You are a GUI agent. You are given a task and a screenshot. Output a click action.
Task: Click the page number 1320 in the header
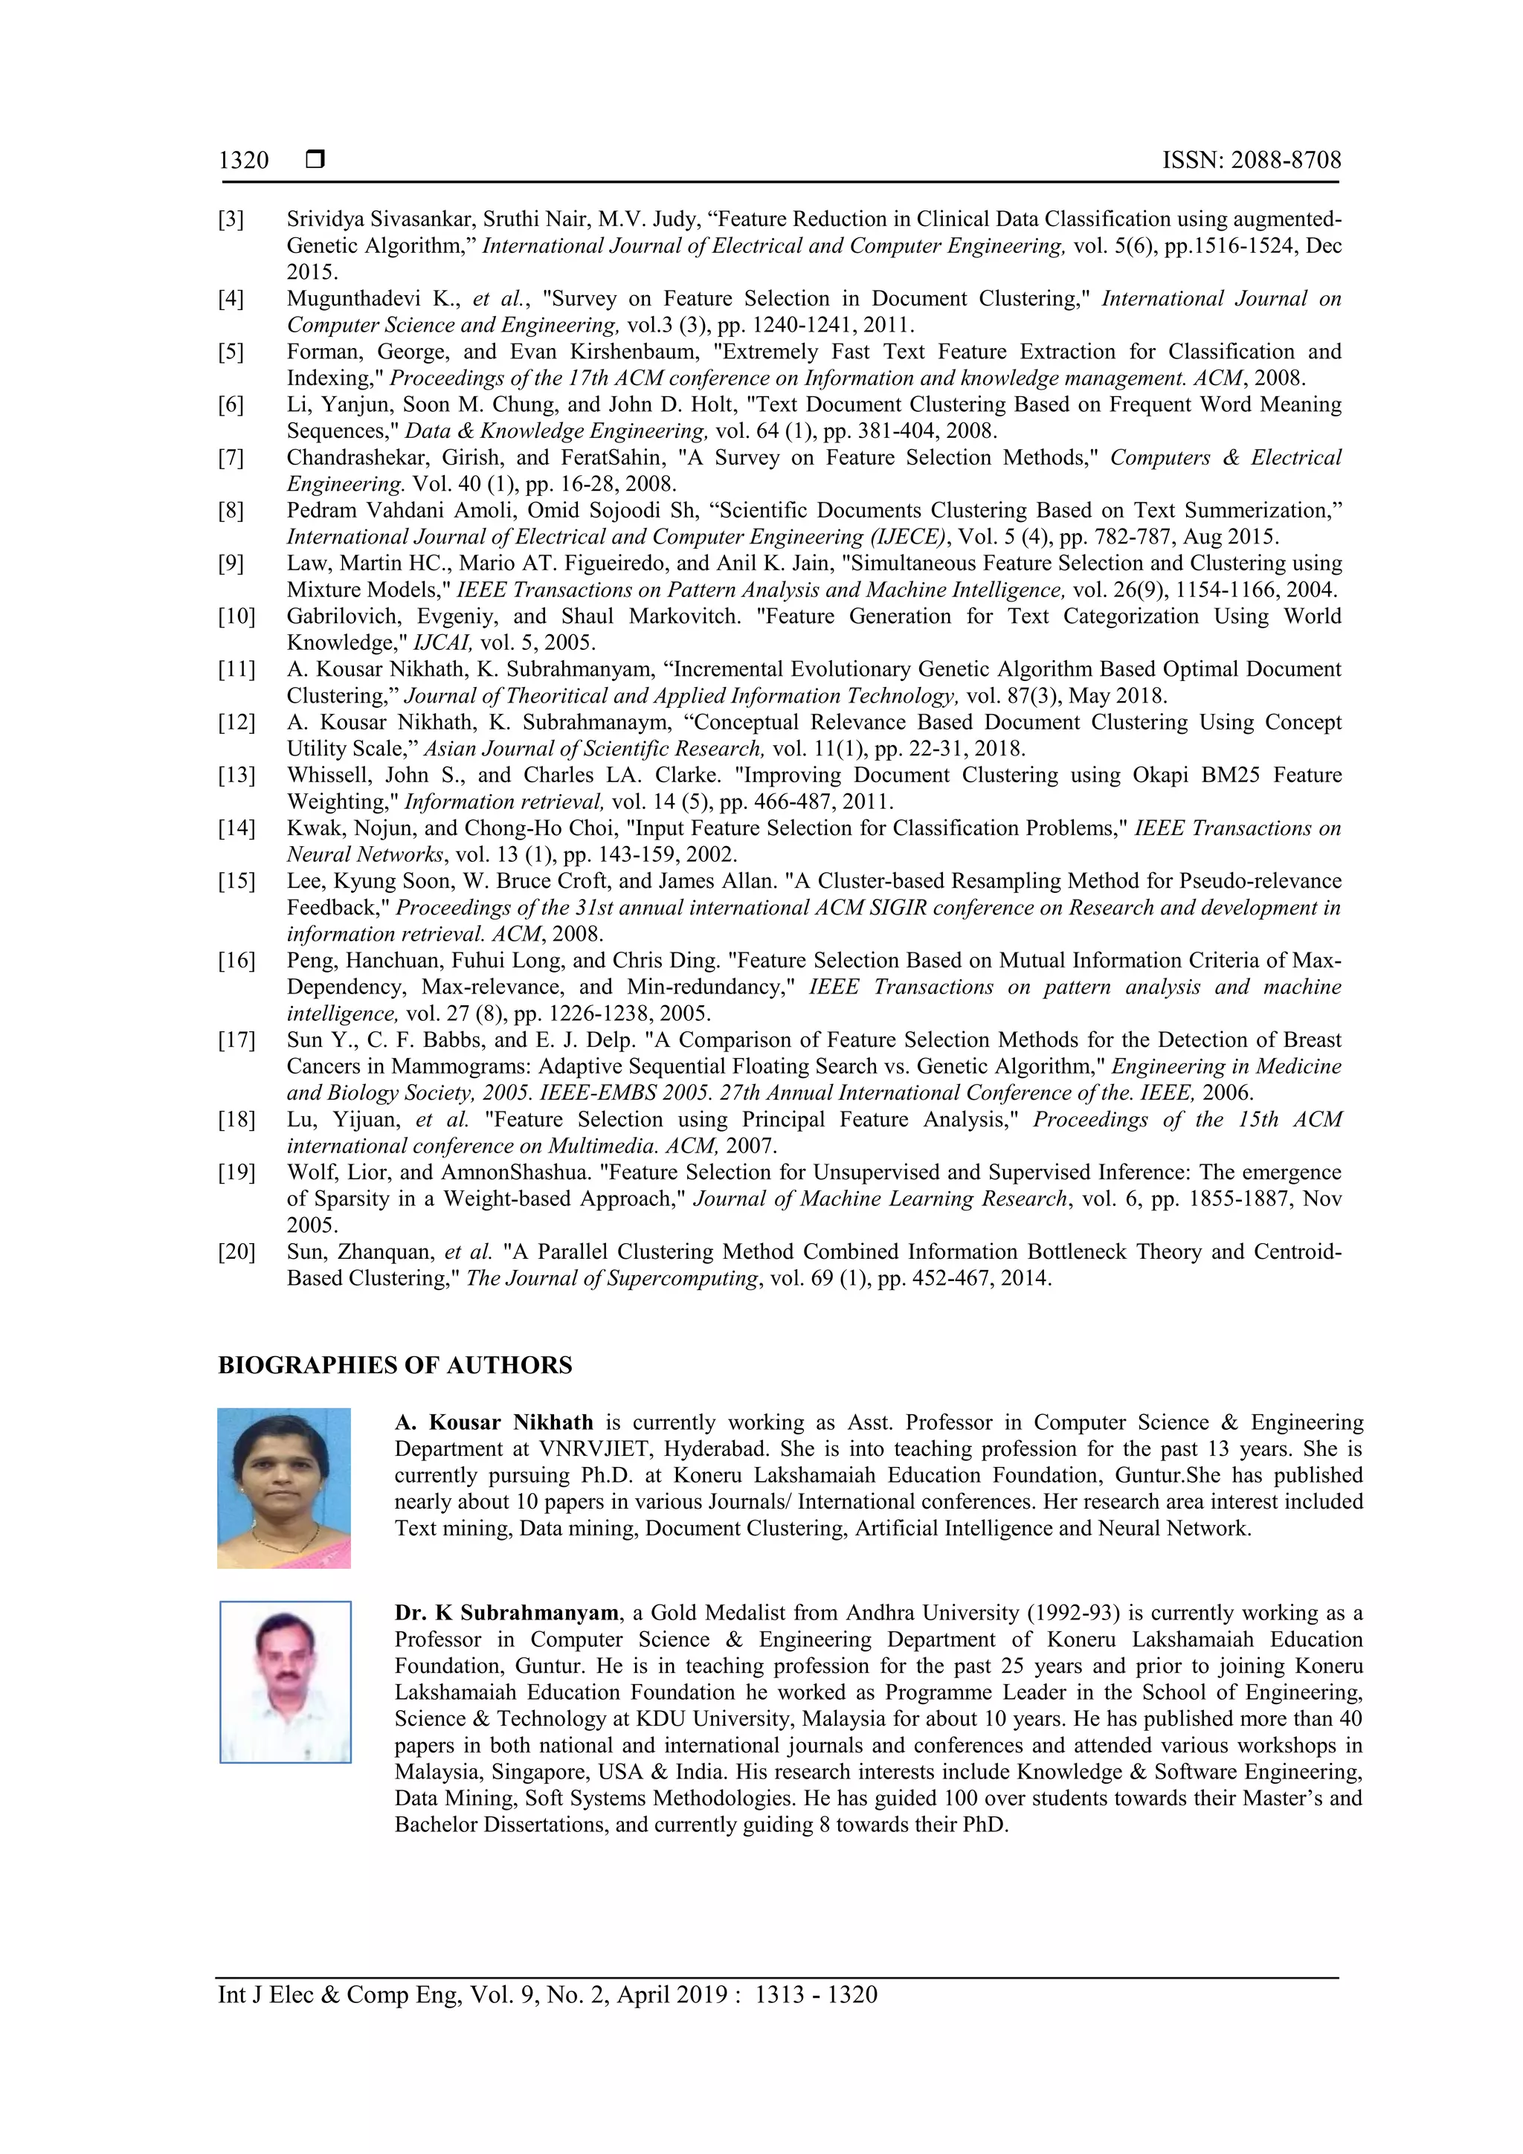coord(243,161)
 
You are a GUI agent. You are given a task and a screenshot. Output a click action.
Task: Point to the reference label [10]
coord(236,616)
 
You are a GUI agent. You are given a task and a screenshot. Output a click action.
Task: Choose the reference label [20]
coord(236,1251)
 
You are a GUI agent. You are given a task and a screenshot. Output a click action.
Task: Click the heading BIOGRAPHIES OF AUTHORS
coord(394,1365)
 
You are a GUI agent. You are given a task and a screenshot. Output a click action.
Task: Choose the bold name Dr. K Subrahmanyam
coord(506,1613)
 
